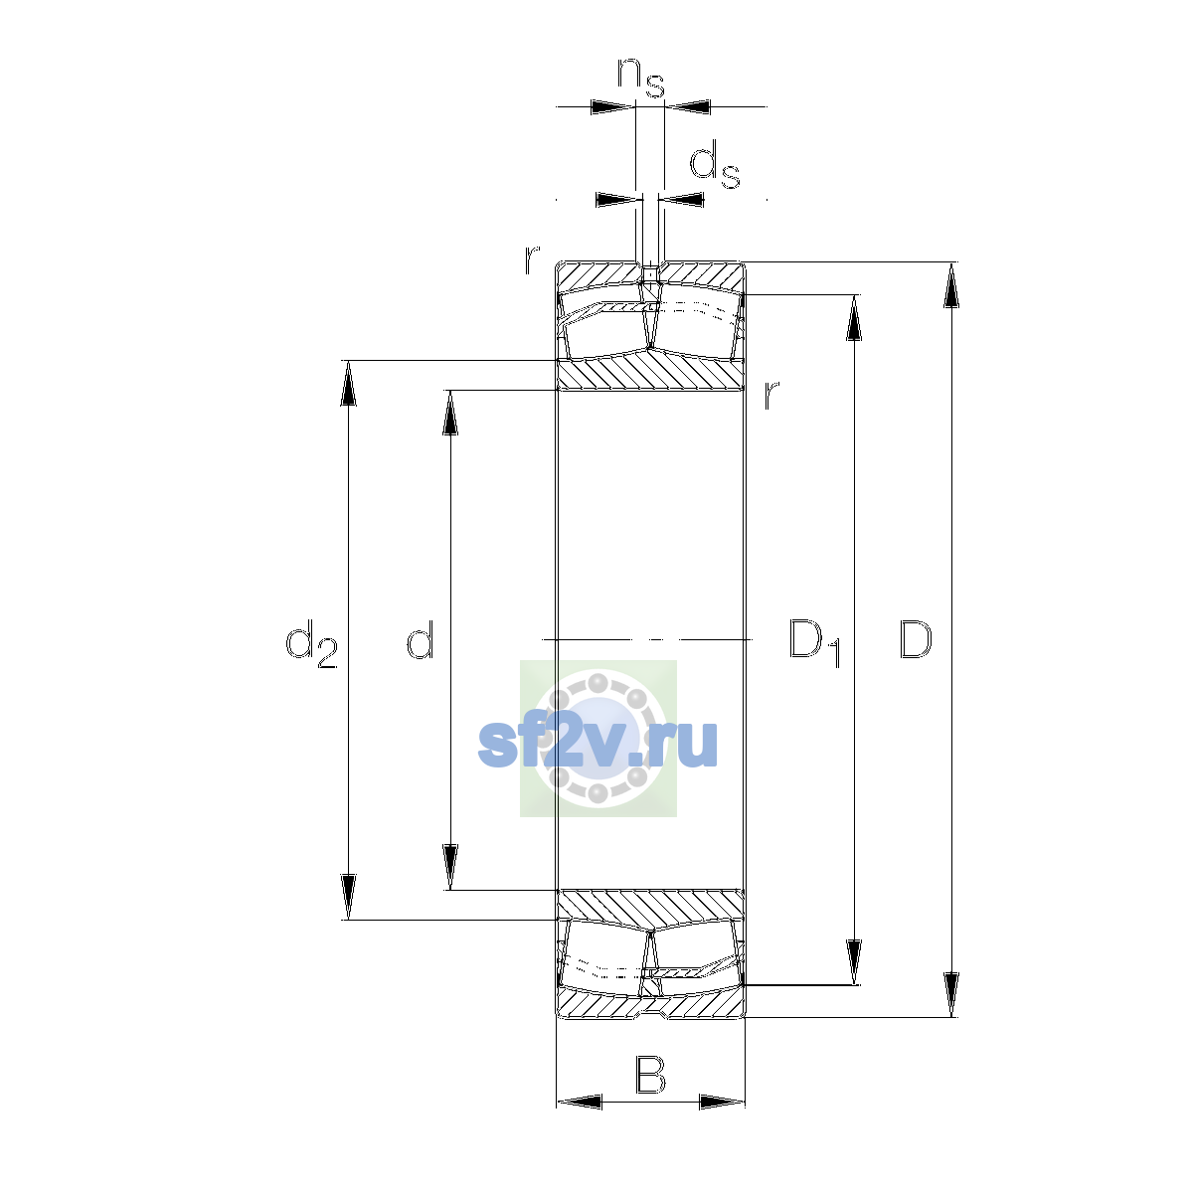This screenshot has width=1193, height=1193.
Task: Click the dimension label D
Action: (x=915, y=639)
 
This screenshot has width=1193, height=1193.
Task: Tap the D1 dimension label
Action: (x=814, y=641)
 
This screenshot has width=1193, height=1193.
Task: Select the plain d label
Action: (x=420, y=638)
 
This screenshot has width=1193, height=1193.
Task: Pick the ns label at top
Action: (x=640, y=77)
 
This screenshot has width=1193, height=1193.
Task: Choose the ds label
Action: (x=715, y=165)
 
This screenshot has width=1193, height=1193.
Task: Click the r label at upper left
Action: (x=532, y=259)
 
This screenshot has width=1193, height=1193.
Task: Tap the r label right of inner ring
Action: (x=771, y=395)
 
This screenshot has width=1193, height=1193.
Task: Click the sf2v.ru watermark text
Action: (x=597, y=745)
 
